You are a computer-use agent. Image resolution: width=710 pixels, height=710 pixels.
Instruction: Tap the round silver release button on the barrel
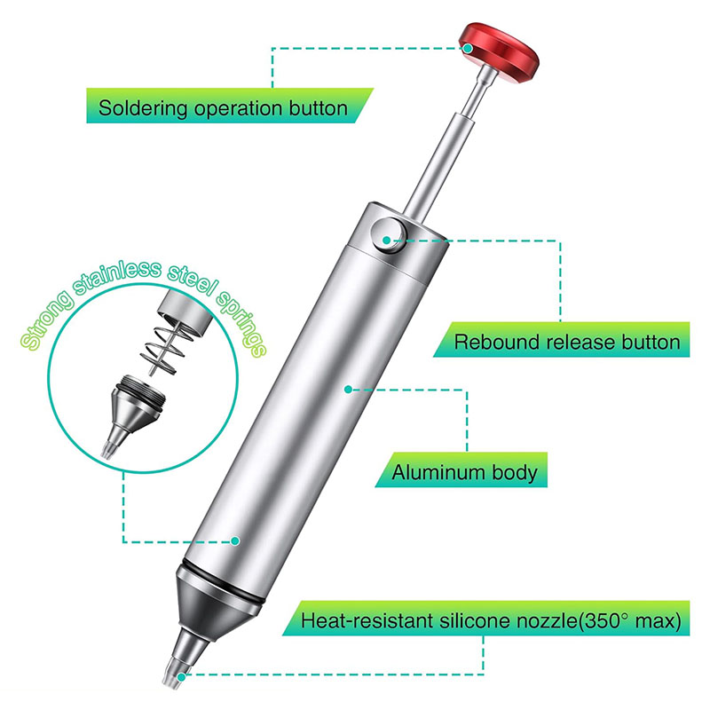(389, 235)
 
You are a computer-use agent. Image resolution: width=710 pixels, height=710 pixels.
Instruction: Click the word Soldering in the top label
(143, 109)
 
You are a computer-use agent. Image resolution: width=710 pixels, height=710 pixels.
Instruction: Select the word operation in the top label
(239, 109)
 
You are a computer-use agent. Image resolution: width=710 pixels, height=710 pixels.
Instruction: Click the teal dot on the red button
(468, 48)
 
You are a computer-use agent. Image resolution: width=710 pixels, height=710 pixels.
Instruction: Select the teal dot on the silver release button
(386, 240)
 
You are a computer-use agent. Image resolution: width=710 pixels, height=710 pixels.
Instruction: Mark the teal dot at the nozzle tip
(181, 677)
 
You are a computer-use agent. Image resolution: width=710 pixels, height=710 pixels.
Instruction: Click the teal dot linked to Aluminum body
(348, 389)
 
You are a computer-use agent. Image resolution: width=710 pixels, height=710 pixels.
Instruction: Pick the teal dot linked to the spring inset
(235, 540)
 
